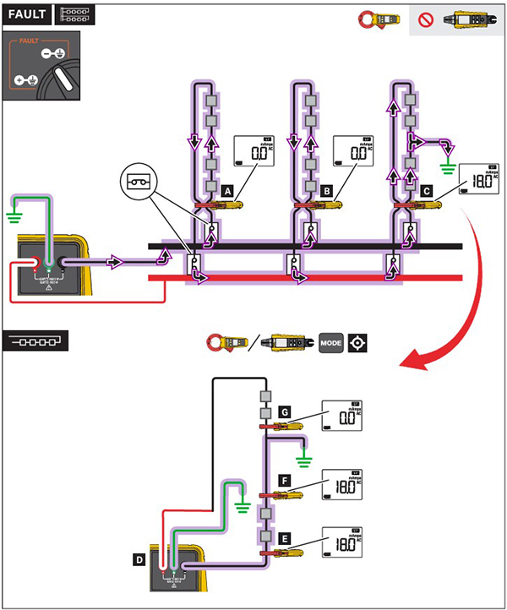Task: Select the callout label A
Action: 227,193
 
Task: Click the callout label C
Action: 428,193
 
